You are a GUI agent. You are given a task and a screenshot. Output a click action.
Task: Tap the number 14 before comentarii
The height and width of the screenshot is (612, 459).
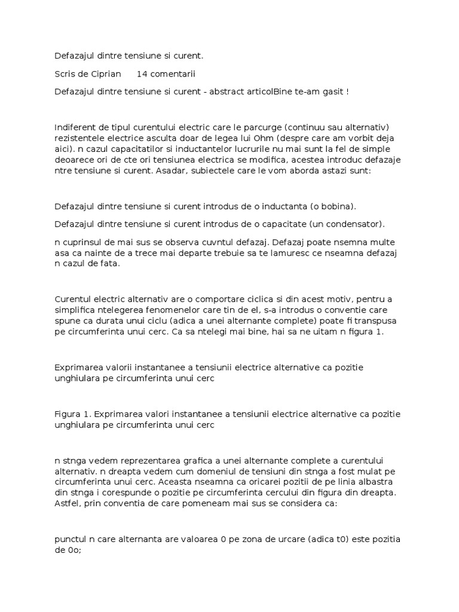point(142,74)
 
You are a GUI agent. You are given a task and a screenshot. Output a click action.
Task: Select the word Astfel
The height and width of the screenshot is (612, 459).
point(67,503)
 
